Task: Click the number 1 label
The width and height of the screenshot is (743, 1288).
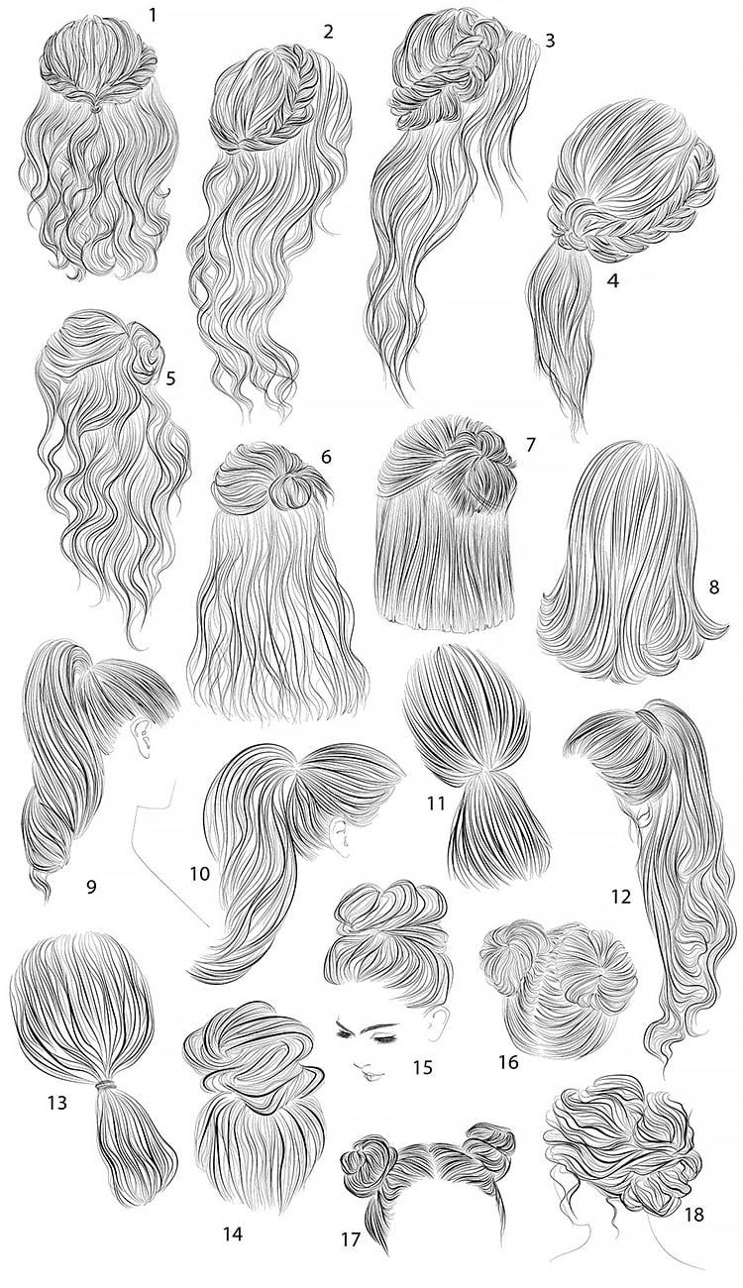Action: coord(153,15)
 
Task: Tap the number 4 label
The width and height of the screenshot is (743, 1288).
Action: coord(613,280)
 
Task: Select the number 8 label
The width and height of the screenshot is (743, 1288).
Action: coord(715,588)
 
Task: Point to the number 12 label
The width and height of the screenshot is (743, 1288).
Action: coord(622,912)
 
